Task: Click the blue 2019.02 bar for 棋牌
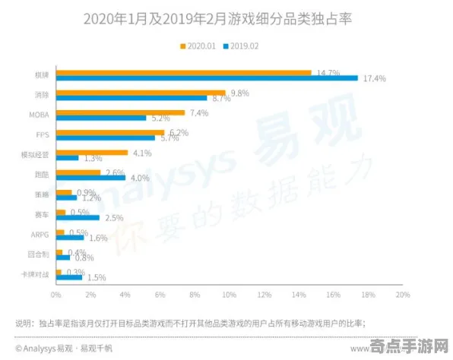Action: click(206, 77)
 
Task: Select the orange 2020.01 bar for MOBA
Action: click(120, 112)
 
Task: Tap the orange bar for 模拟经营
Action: click(91, 153)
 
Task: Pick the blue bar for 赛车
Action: click(78, 217)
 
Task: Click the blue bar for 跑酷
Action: click(90, 177)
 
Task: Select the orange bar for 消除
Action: click(141, 92)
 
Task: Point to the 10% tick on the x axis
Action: click(230, 294)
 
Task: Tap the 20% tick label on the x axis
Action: click(403, 294)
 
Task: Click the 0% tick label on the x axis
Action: click(55, 294)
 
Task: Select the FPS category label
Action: click(43, 134)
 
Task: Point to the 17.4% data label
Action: click(374, 78)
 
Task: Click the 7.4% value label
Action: click(199, 112)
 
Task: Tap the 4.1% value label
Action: click(142, 153)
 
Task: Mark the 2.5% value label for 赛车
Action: click(114, 218)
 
